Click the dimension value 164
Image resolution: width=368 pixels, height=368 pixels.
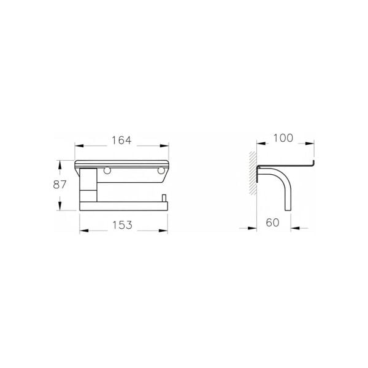pos(121,140)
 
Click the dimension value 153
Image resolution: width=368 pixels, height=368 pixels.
pos(122,225)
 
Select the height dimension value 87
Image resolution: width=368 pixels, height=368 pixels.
pos(59,185)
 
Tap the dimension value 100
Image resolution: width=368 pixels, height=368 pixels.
pos(283,138)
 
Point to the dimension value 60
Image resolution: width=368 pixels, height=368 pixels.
pos(272,223)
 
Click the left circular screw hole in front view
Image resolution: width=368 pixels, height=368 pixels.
pos(107,171)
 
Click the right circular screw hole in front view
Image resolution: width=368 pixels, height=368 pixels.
pos(161,171)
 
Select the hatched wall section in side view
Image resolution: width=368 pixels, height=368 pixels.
pos(253,173)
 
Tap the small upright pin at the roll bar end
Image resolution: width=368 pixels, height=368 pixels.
pos(164,198)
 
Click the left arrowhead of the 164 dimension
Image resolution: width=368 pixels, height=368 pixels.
pos(79,146)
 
